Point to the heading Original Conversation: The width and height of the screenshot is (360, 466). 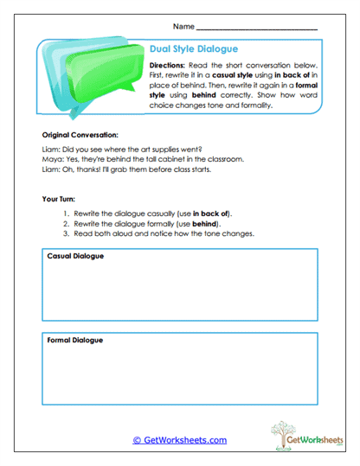tap(80, 136)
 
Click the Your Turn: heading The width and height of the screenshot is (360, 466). tap(60, 199)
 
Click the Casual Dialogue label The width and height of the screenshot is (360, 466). tap(76, 257)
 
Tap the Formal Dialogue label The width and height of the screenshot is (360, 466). tap(75, 340)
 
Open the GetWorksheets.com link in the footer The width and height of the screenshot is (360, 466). tap(179, 440)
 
